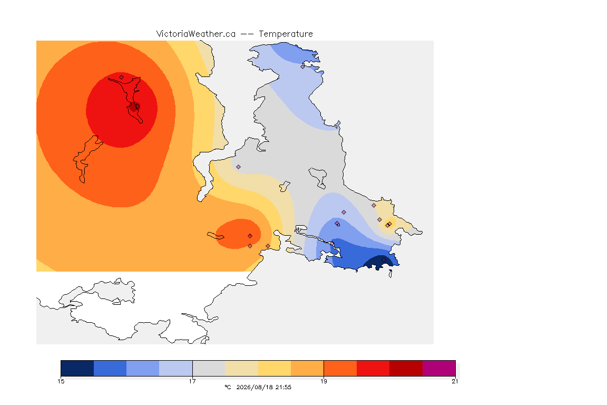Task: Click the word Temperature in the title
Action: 286,34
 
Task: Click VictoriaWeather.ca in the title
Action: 196,34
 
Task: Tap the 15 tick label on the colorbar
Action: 61,381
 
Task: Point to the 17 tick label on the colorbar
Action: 192,381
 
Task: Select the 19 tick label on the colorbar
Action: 324,381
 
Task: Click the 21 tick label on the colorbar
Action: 455,381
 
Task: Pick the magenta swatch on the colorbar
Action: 438,368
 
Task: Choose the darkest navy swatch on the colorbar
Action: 77,368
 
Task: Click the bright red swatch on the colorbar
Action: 373,368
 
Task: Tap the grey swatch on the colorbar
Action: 209,368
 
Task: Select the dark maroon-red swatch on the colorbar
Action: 406,368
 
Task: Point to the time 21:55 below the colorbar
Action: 283,387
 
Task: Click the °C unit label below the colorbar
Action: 228,387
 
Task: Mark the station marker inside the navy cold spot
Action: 384,260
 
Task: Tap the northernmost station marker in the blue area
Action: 303,66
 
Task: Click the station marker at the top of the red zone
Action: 122,77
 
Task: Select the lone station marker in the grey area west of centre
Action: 239,167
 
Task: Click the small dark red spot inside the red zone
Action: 134,108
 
